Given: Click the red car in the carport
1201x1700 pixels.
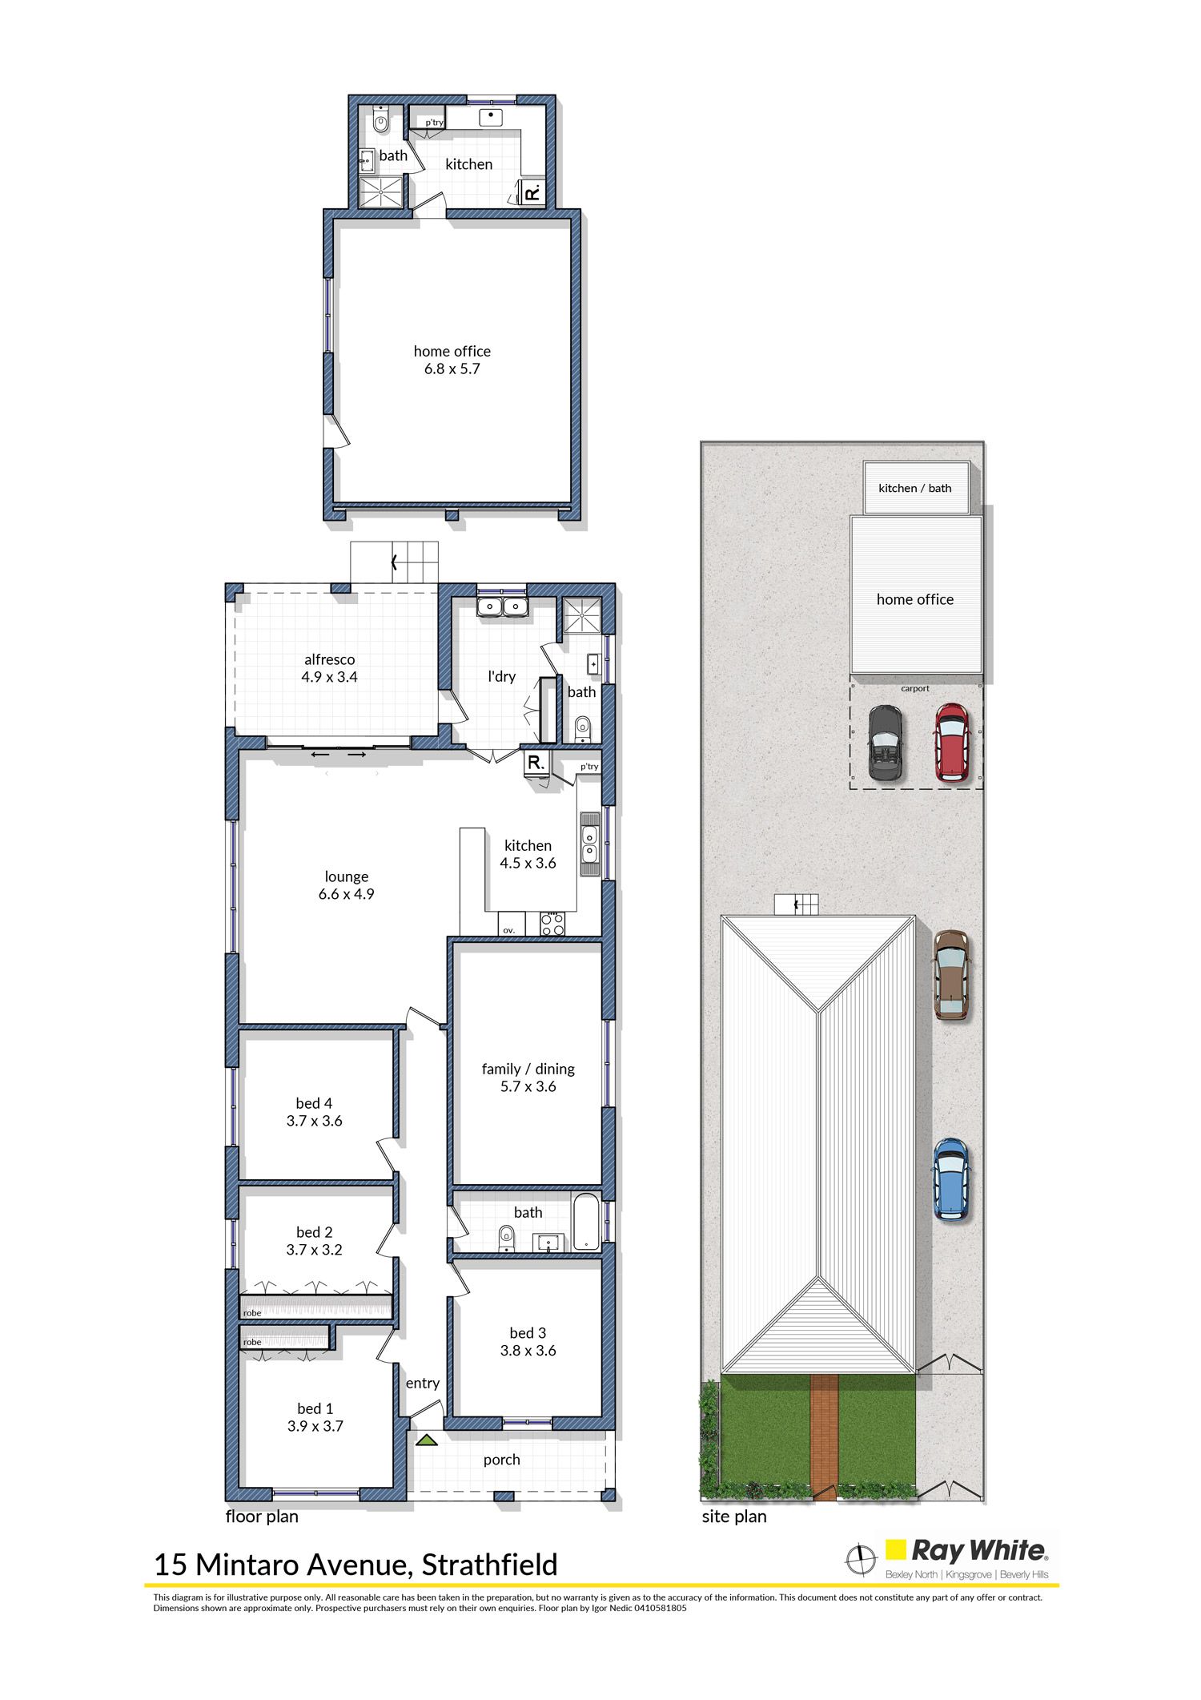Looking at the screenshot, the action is tap(953, 742).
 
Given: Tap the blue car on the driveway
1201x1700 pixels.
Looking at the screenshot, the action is tap(950, 1179).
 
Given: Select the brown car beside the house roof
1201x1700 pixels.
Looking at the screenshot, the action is tap(950, 974).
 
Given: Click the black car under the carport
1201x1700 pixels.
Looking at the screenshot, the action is tap(886, 742).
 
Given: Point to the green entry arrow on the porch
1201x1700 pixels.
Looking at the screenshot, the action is tap(426, 1440).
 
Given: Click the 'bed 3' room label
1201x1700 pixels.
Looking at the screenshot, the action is tap(528, 1332).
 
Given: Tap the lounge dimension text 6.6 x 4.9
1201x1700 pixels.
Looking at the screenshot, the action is tap(346, 894).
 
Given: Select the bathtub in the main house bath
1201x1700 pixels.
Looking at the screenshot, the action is tap(586, 1223).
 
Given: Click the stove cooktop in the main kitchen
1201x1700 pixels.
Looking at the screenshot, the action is tap(552, 924).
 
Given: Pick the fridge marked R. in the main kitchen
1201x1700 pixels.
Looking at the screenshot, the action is tap(536, 763).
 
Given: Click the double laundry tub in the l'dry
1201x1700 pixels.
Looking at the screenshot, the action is tap(502, 606).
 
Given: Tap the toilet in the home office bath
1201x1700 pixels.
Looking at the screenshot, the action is tap(380, 123).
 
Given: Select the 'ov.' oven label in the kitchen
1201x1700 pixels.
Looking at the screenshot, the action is tap(509, 930).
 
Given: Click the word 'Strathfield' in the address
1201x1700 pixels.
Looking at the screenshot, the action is tap(489, 1565).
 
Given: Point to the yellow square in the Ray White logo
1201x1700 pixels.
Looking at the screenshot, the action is tap(895, 1550).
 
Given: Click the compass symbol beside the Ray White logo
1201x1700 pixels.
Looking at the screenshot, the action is tap(862, 1558).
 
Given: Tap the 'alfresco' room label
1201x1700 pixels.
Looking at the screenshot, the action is tap(329, 659).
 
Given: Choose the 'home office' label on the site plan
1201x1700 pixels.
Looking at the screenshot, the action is tap(915, 599).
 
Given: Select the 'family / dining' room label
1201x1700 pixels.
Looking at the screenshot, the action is tap(528, 1069).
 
